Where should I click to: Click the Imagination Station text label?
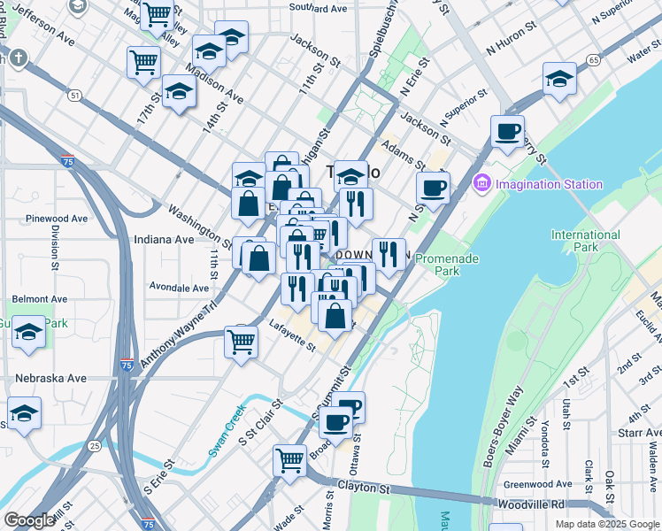(549, 184)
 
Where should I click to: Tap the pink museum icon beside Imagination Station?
(482, 184)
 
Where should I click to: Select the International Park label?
(585, 242)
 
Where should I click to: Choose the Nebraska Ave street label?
(50, 378)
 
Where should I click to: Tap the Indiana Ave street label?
(163, 239)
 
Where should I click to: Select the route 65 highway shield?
(592, 60)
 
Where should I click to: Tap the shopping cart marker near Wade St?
(289, 460)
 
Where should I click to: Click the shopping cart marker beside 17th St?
(143, 63)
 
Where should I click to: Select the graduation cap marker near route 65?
(559, 79)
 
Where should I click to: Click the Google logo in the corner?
(30, 519)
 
